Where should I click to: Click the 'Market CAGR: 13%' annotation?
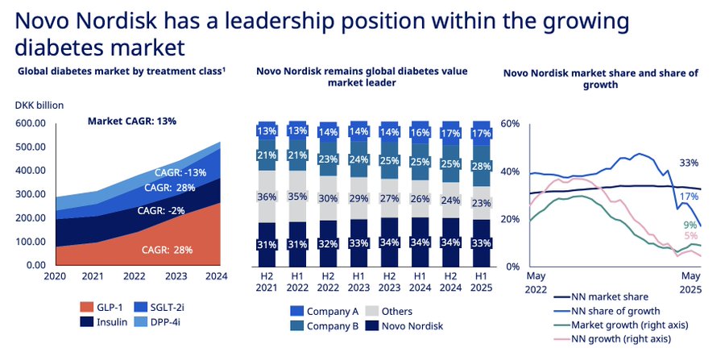(131, 122)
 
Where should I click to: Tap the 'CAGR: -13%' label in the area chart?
(180, 172)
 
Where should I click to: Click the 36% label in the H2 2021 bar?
(267, 197)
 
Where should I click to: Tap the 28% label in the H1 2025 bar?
(480, 166)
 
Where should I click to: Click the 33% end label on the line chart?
(689, 162)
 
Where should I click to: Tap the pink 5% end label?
(690, 235)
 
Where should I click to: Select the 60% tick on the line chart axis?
(512, 123)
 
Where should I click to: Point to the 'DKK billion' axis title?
(39, 105)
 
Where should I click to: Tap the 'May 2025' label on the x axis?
(690, 281)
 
